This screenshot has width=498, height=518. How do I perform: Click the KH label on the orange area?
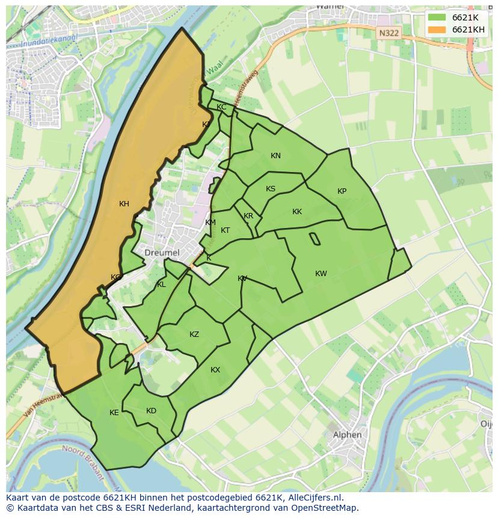tap(124, 204)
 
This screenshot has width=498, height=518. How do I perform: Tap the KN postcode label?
tap(275, 156)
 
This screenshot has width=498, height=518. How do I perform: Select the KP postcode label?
tap(342, 191)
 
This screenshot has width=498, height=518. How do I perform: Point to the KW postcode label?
tap(321, 274)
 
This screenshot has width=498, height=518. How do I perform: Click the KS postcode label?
tap(271, 189)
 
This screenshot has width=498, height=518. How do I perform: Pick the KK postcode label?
tap(297, 212)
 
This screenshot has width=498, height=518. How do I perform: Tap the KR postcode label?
tap(248, 217)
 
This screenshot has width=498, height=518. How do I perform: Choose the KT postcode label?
tap(225, 230)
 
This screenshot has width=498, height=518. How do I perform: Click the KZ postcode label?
tap(194, 335)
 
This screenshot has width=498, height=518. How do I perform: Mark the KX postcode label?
tap(215, 370)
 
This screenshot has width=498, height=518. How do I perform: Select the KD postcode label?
tap(151, 411)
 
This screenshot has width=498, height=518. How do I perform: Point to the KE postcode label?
tap(114, 413)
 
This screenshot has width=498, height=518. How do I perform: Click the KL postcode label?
tap(161, 285)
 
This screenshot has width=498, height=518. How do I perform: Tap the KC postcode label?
tap(221, 107)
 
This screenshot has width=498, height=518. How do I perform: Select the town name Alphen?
tap(348, 435)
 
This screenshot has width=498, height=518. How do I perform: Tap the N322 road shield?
tap(389, 34)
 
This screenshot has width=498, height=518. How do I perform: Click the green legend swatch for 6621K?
tap(437, 17)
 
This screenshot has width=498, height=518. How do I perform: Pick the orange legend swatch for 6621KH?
tap(437, 29)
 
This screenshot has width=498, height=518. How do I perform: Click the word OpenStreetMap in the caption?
tap(324, 508)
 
